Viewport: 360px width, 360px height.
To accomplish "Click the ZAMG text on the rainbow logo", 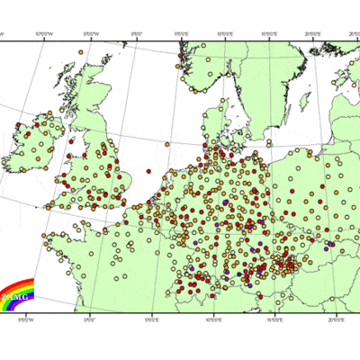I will tap(16, 296).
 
